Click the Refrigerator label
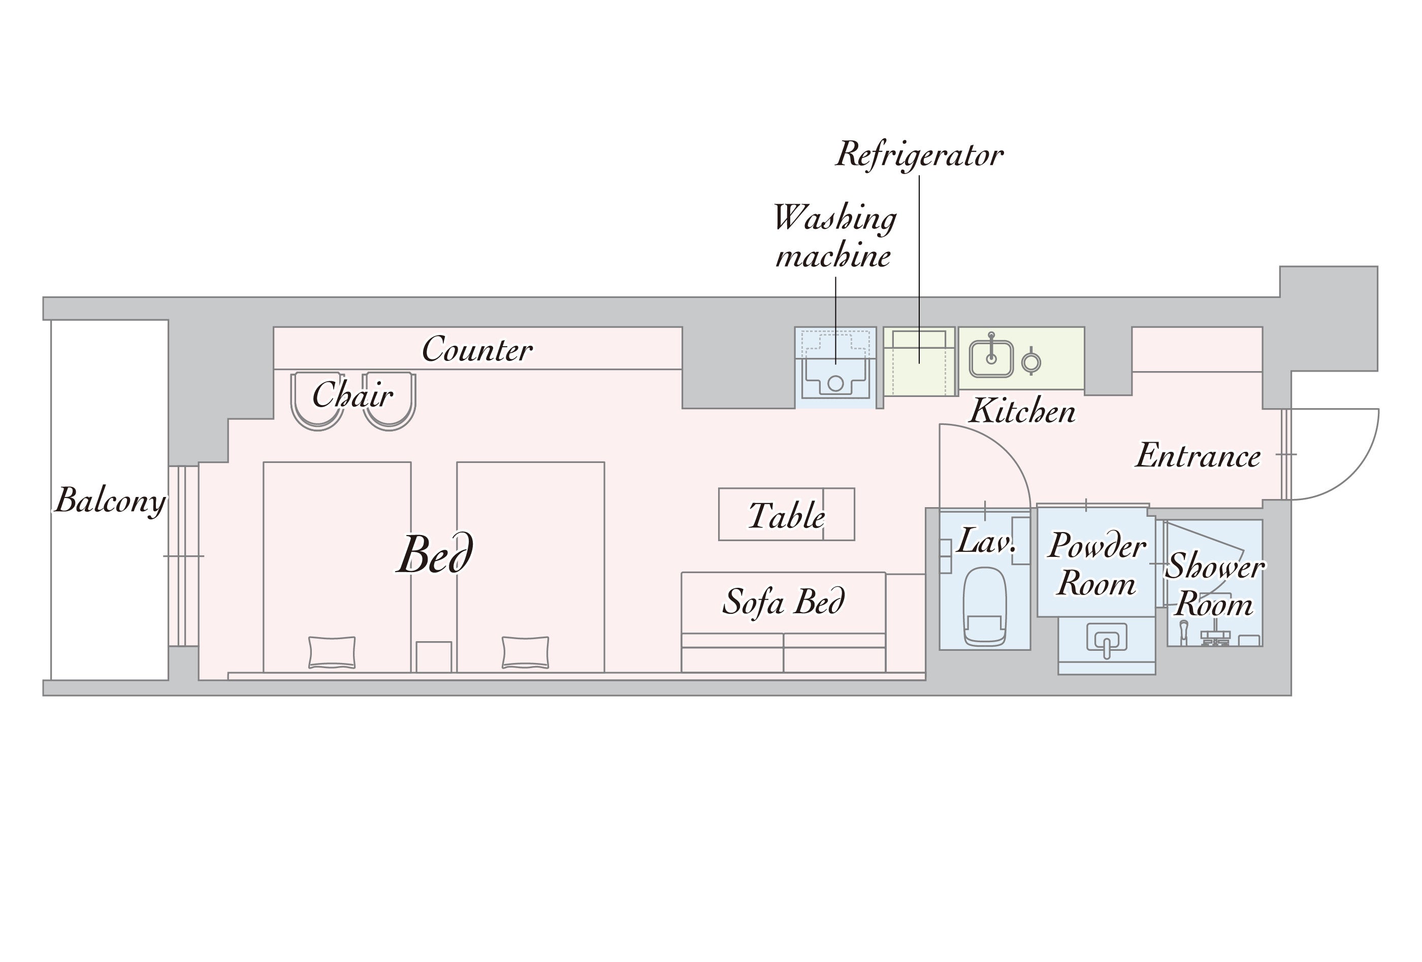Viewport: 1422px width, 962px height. (x=919, y=154)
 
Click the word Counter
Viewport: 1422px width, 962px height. (x=477, y=350)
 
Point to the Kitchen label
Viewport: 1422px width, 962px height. (x=1022, y=411)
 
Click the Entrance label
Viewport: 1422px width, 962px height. (x=1198, y=456)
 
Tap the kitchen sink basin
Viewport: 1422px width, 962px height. (x=991, y=359)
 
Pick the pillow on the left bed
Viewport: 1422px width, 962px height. (x=332, y=652)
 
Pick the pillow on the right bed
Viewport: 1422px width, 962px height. (x=525, y=652)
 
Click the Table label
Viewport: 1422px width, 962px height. (x=787, y=516)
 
